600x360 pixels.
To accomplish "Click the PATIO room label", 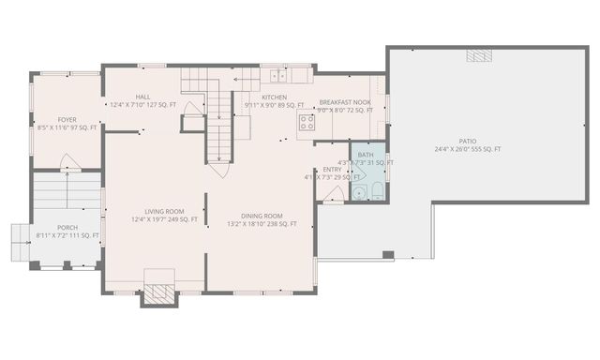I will [x=467, y=141].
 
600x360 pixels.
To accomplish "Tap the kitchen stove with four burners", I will [x=306, y=120].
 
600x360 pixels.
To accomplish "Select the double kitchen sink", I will [x=278, y=74].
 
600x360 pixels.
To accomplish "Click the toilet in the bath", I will [x=375, y=192].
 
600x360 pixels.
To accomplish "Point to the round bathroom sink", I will [x=357, y=193].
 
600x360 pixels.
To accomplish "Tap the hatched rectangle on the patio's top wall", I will [x=478, y=56].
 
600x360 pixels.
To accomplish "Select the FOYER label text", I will [x=67, y=120].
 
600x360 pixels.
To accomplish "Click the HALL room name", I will [x=142, y=97].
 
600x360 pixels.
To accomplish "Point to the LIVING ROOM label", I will [x=164, y=211].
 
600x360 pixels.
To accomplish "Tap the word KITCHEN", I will [x=274, y=97].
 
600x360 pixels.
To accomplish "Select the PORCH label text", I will [x=67, y=227].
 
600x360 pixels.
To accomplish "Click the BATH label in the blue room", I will [x=365, y=155].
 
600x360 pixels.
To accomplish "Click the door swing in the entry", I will [x=333, y=194].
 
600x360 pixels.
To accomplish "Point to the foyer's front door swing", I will [x=69, y=162].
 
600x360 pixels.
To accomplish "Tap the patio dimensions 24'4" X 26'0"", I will [x=467, y=149].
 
